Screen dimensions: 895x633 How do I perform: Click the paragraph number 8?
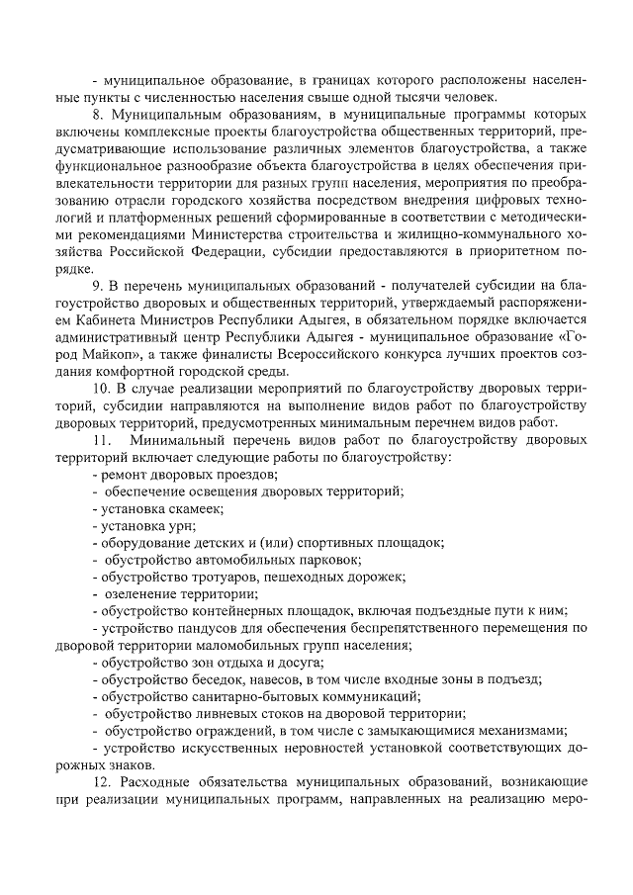tap(96, 115)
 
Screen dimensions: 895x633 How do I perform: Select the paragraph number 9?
tap(96, 285)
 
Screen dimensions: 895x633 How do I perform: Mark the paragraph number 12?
tap(100, 780)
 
